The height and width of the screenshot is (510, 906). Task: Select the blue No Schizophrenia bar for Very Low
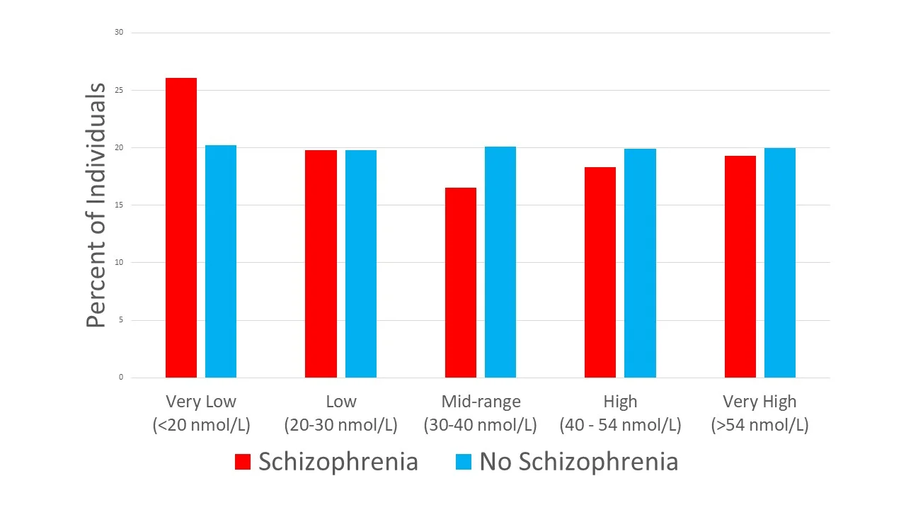[x=221, y=261]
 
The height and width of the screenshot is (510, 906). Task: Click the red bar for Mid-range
[x=461, y=283]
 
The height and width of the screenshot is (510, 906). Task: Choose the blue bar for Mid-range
[x=500, y=262]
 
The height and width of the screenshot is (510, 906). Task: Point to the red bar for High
[x=600, y=272]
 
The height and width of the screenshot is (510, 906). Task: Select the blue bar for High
[x=640, y=263]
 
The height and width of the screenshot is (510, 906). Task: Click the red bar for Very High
[x=740, y=266]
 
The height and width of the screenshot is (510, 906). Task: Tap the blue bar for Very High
[x=780, y=263]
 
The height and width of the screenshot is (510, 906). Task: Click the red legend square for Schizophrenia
[x=243, y=463]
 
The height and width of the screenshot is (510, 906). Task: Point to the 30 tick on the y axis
[x=119, y=33]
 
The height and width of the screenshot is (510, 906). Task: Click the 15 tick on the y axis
[x=119, y=205]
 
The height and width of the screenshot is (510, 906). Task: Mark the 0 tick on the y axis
[x=121, y=378]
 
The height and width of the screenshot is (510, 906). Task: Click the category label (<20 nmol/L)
[x=201, y=426]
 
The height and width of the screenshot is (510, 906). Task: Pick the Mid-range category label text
[x=481, y=402]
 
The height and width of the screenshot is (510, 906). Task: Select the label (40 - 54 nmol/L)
[x=620, y=426]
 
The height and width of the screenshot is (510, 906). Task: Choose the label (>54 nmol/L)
[x=759, y=426]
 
